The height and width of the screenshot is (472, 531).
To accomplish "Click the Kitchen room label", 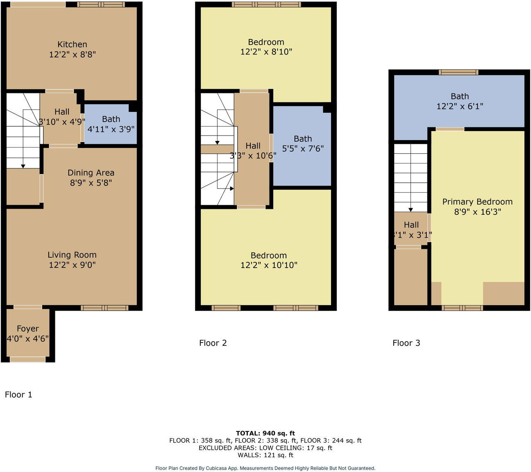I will point(72,45).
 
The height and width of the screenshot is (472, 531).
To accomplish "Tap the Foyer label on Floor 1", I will point(28,329).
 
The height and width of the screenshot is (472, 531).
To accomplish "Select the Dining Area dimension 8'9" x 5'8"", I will point(91,183).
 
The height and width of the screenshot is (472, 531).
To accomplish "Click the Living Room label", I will point(72,255).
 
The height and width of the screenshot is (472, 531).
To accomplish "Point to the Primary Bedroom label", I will point(477,202).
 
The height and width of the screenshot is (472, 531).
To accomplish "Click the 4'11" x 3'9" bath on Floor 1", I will point(111,129).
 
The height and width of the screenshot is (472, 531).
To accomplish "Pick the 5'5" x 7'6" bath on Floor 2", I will point(303,148).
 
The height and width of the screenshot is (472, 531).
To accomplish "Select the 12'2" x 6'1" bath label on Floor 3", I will point(460,106).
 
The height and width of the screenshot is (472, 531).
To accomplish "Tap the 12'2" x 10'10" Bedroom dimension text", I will point(269,265).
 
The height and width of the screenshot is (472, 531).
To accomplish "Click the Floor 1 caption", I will point(18,395).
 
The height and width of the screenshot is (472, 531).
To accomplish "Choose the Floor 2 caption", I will point(213,343).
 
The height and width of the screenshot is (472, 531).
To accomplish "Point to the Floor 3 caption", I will point(406,343).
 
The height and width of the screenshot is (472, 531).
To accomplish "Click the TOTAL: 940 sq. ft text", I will point(265,433).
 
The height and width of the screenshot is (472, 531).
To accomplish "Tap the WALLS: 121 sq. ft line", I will point(265,455).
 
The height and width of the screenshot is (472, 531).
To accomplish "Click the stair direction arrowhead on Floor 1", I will point(23,166).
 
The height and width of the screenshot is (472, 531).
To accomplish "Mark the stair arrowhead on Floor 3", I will point(411,210).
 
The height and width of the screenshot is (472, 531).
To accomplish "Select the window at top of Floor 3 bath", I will point(458,72).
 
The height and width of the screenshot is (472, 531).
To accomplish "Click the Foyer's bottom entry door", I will point(27,359).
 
